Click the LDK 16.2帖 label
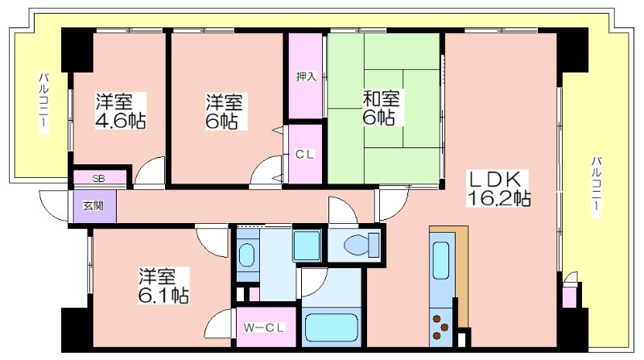(x=498, y=188)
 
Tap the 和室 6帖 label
(x=380, y=108)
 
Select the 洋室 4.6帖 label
(x=121, y=111)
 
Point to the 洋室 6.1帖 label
(x=163, y=286)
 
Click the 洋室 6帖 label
(x=225, y=111)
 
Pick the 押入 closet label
(x=307, y=77)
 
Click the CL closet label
(x=305, y=155)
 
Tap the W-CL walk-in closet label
(x=264, y=328)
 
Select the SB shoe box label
(x=98, y=179)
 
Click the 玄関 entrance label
(x=93, y=205)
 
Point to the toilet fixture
(x=361, y=245)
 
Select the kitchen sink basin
(x=441, y=261)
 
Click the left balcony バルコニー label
(x=43, y=103)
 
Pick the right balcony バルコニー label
(x=597, y=187)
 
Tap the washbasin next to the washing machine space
(x=247, y=254)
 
